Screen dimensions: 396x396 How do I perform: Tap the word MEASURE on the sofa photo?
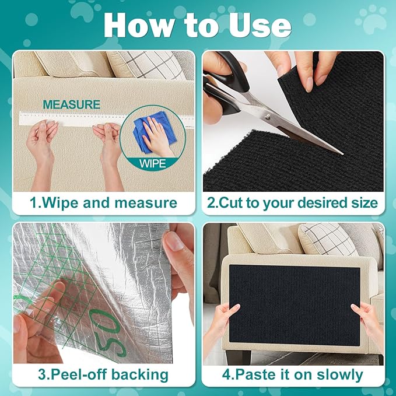(x=71, y=105)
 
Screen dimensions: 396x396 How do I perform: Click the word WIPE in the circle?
(x=153, y=164)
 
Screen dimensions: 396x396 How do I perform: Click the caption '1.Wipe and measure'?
(x=103, y=203)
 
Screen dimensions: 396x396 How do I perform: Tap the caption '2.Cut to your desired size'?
(x=293, y=203)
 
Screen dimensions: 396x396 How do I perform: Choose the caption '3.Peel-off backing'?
(x=103, y=374)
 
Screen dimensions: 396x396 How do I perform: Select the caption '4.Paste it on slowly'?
(x=293, y=374)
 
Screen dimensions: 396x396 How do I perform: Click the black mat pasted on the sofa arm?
(x=295, y=297)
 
